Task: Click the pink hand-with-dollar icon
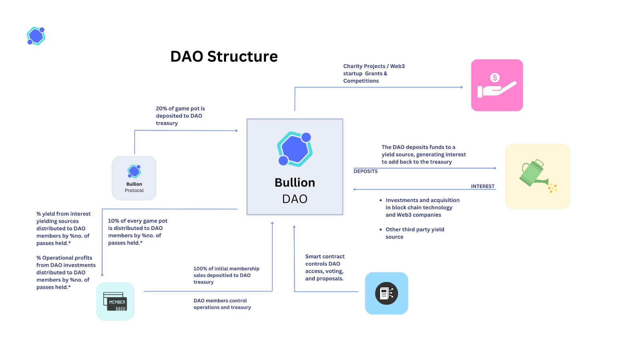click(x=497, y=85)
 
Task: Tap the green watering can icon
click(x=538, y=176)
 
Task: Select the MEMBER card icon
click(x=115, y=301)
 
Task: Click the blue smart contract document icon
click(x=386, y=293)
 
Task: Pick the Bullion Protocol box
click(x=134, y=178)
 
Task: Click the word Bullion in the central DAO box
click(x=295, y=183)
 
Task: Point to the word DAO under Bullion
click(x=295, y=199)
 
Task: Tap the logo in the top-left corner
click(x=36, y=36)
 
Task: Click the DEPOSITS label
click(x=366, y=171)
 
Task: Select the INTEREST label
click(x=482, y=186)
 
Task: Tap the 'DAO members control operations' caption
click(x=222, y=304)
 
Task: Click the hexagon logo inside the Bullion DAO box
click(x=295, y=149)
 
